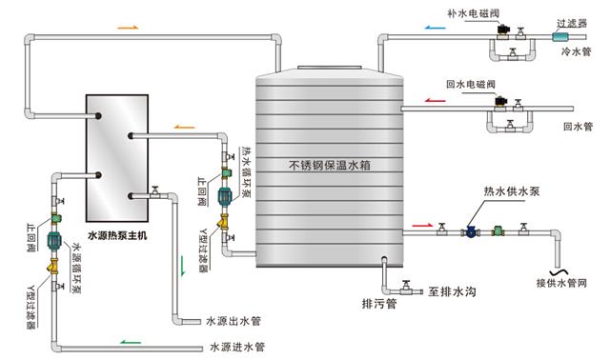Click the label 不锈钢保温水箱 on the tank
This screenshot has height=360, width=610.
tap(329, 164)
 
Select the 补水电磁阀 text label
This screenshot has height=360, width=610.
tap(472, 13)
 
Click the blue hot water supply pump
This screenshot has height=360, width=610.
tap(471, 230)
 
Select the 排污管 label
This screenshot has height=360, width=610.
tap(376, 305)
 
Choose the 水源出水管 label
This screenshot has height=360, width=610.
tap(234, 321)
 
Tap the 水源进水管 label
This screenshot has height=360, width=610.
tap(237, 346)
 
